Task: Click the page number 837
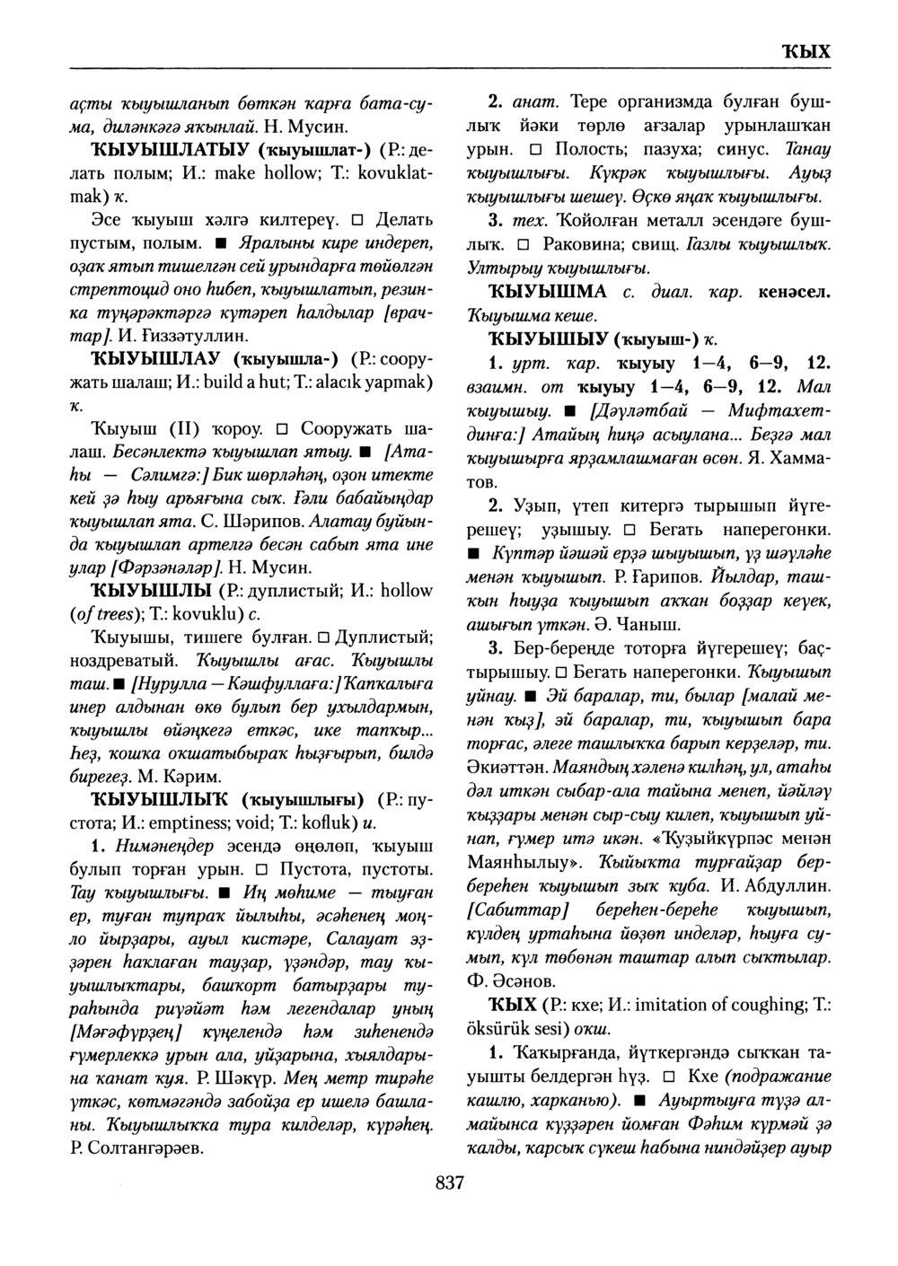coord(449,1185)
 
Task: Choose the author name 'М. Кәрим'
coord(180,774)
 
